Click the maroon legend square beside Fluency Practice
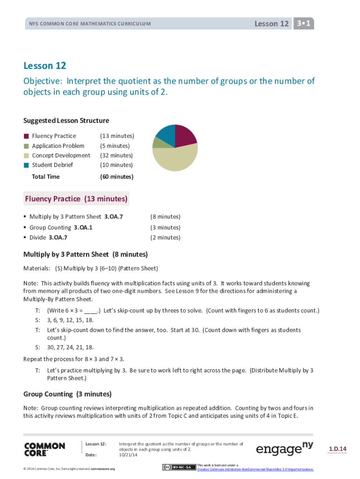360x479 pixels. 27,136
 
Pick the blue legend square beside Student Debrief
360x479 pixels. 27,165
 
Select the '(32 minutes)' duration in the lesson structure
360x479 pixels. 116,155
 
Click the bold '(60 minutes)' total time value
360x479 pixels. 116,177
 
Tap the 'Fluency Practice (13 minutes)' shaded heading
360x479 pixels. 76,199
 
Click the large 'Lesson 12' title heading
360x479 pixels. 45,66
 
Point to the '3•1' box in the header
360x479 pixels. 303,23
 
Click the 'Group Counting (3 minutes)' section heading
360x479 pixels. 67,394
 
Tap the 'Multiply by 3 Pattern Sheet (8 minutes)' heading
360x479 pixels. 86,254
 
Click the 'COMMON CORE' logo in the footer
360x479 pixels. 44,450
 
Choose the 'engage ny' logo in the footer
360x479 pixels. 284,449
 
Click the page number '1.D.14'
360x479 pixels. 337,450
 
